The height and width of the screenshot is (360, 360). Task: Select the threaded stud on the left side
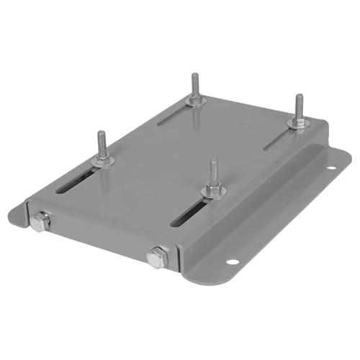(x=102, y=144)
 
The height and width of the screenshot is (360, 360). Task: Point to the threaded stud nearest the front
(x=214, y=173)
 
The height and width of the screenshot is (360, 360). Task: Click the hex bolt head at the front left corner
(x=39, y=222)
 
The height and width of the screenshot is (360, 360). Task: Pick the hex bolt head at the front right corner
(x=156, y=256)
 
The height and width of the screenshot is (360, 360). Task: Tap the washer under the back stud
(x=195, y=101)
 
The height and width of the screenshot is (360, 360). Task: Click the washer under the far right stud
(x=297, y=124)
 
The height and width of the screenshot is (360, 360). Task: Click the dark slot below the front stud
(x=189, y=212)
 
